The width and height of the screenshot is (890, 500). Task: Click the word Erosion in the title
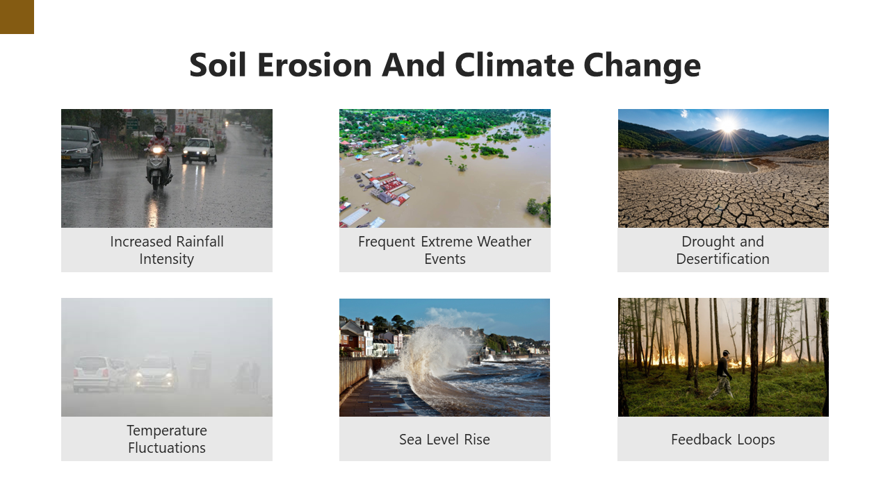click(x=314, y=65)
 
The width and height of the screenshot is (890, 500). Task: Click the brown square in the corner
click(x=17, y=17)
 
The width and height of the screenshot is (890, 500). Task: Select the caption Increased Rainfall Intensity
click(x=167, y=250)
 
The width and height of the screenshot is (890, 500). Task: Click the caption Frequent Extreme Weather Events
click(x=445, y=250)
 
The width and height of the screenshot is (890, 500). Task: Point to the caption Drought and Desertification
click(x=723, y=250)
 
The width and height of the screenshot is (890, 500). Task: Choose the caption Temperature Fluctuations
click(x=167, y=439)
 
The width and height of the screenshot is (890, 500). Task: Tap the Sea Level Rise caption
click(x=445, y=440)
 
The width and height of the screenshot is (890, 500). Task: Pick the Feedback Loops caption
click(x=723, y=440)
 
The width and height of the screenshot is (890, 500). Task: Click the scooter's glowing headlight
click(x=158, y=150)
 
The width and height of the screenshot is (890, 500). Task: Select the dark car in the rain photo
click(x=81, y=147)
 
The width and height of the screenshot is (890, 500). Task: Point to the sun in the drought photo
click(x=727, y=126)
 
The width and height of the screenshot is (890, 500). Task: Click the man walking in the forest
click(x=723, y=375)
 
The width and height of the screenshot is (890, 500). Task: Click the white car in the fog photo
click(x=94, y=374)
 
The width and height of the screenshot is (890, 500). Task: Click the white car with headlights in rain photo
click(x=200, y=150)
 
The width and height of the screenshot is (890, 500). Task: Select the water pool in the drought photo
click(x=688, y=165)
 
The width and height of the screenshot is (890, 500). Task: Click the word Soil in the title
click(x=218, y=65)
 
